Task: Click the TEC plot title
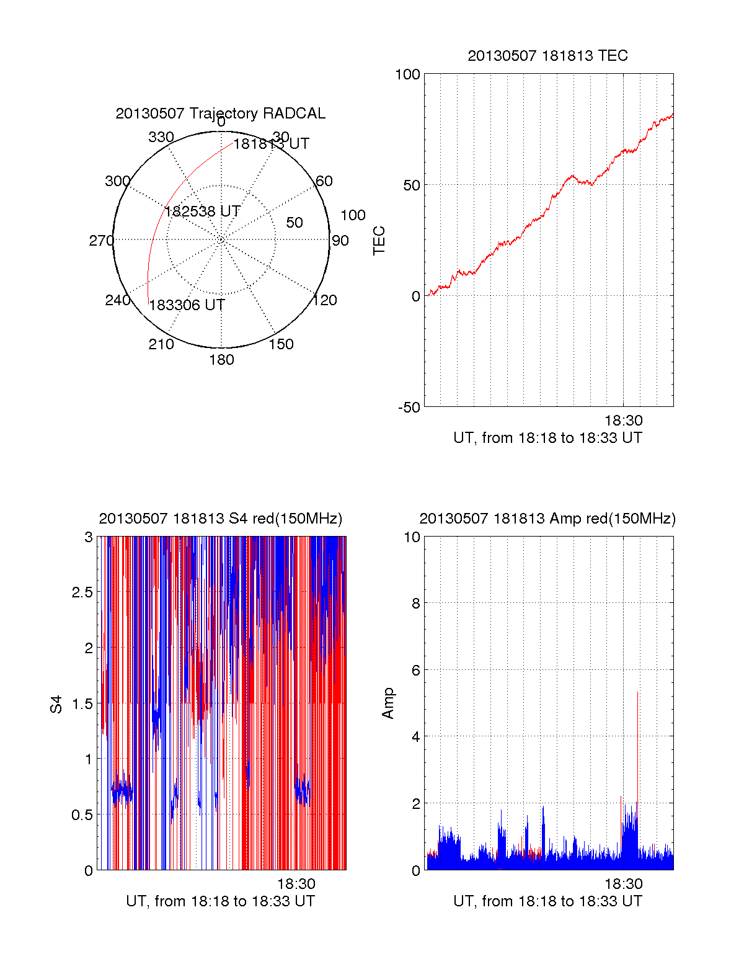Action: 547,56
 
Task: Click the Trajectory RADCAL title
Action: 220,114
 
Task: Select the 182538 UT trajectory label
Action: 202,212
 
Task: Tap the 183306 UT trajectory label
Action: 187,305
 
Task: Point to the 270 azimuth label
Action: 101,241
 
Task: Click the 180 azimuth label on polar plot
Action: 221,360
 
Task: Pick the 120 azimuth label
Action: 325,300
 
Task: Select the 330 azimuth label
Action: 161,137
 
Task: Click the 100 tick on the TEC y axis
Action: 407,74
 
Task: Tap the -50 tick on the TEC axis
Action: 409,408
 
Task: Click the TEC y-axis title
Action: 379,241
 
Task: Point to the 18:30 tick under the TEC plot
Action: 624,421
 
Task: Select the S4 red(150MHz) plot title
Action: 220,519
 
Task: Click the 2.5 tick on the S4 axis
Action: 82,592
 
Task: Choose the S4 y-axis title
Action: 56,704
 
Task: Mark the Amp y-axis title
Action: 388,703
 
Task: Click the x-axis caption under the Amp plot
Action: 547,901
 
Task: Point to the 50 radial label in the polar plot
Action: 294,223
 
